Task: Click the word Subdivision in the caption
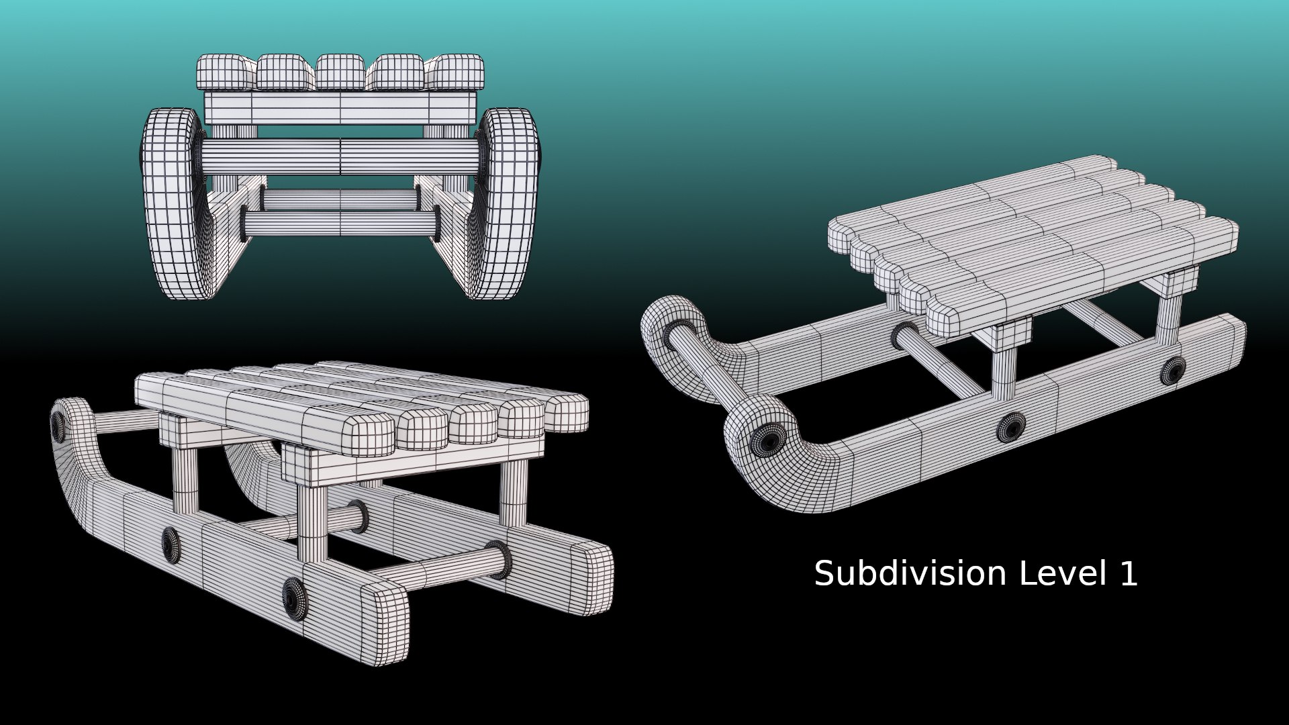[910, 574]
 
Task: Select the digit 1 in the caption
[1129, 574]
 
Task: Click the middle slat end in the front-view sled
[341, 72]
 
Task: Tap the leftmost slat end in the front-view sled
[226, 72]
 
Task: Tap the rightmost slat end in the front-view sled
[455, 72]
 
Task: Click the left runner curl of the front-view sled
[171, 201]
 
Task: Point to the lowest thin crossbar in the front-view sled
[340, 223]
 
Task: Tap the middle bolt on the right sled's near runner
[1010, 427]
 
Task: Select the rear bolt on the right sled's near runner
[1174, 370]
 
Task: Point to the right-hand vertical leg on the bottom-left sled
[514, 493]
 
